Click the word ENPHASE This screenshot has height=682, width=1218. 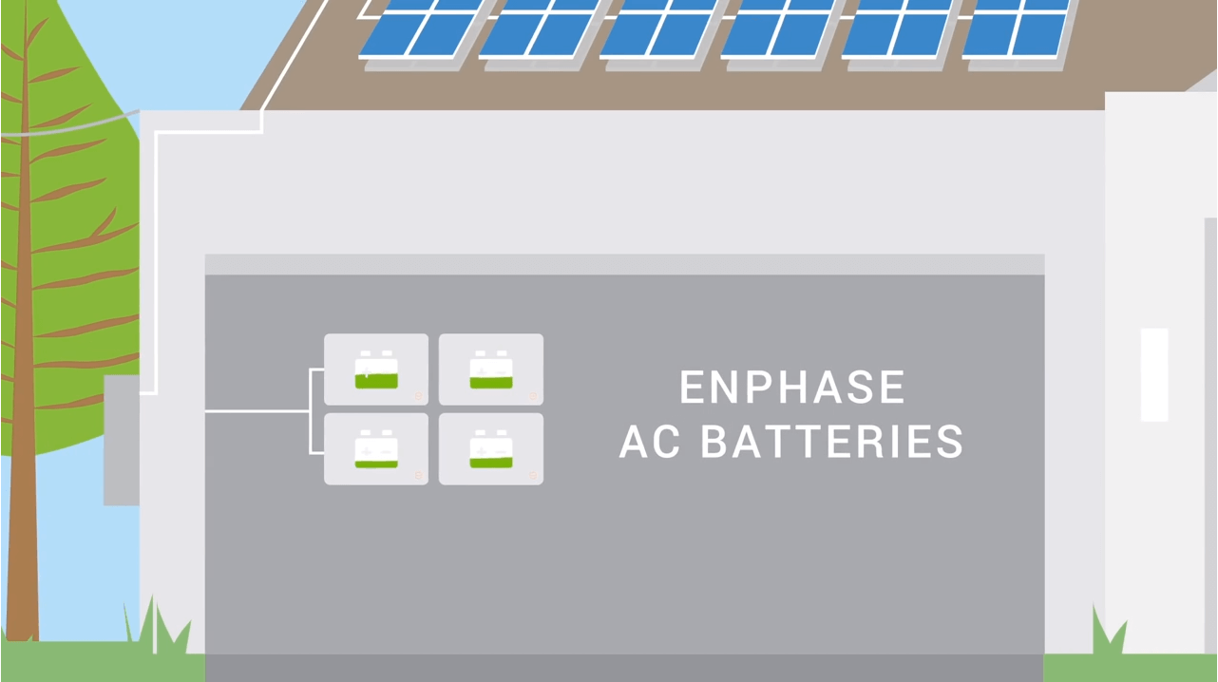pos(792,388)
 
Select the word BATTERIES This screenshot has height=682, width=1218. pos(832,443)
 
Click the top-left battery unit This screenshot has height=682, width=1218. pos(376,369)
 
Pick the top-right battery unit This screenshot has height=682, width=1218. pos(491,369)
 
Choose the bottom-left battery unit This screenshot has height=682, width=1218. pos(376,449)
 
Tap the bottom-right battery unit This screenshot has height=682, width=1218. pos(491,449)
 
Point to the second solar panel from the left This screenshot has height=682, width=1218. pos(537,28)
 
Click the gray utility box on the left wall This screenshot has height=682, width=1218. pos(121,440)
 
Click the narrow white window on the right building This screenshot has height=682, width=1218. pos(1153,374)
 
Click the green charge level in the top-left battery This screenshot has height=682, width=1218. pos(376,381)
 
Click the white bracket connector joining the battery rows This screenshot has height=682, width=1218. pos(312,411)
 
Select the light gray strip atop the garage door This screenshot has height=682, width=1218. pos(624,264)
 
